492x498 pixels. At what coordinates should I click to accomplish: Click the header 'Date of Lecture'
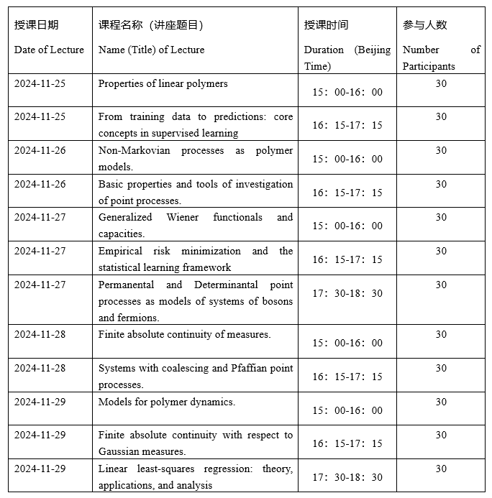click(49, 50)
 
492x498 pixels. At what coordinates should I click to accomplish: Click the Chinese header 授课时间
click(326, 25)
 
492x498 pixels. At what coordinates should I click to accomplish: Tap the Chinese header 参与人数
click(424, 25)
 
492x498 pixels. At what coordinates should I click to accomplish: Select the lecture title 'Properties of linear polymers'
click(163, 83)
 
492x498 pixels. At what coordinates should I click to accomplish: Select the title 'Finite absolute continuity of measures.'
click(184, 334)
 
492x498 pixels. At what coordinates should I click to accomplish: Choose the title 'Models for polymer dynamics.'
click(166, 402)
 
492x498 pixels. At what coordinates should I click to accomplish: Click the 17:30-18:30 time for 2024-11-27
click(347, 293)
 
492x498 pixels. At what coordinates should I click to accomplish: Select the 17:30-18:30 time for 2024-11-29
click(347, 477)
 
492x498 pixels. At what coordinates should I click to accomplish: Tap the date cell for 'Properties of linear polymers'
click(40, 83)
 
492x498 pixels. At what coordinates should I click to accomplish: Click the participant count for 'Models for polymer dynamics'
click(441, 402)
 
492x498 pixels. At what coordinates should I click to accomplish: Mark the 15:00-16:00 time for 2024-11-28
click(347, 343)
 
